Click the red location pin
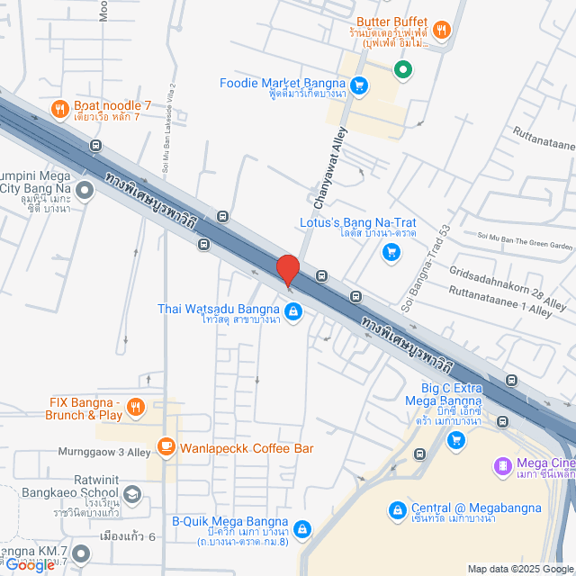click(287, 270)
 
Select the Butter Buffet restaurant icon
click(441, 30)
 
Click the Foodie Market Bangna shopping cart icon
click(359, 85)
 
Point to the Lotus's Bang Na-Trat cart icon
click(391, 252)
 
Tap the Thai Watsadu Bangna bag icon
click(294, 311)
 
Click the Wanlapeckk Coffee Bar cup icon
click(166, 445)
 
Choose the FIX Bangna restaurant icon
click(135, 408)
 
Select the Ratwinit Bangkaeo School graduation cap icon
click(132, 493)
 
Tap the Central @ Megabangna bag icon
click(396, 510)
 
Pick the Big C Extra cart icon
click(456, 439)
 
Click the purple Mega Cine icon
click(502, 465)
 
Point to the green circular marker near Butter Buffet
click(404, 67)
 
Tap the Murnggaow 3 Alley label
click(94, 453)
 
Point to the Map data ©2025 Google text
click(517, 569)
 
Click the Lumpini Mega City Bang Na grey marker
click(85, 190)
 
